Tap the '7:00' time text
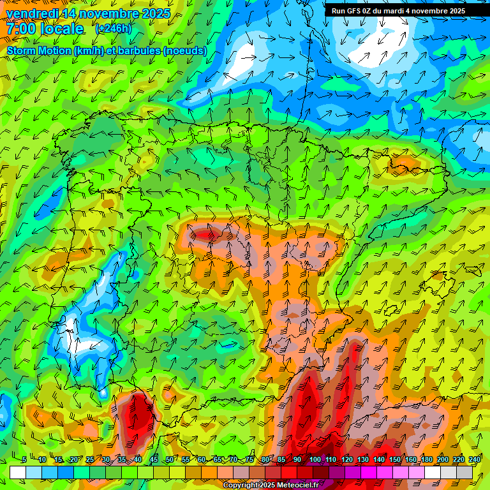pyautogui.click(x=22, y=29)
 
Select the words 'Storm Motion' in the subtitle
pyautogui.click(x=39, y=50)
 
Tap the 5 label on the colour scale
pyautogui.click(x=24, y=460)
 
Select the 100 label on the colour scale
pyautogui.click(x=315, y=460)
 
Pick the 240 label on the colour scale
pyautogui.click(x=475, y=460)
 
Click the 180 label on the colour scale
pyautogui.click(x=427, y=460)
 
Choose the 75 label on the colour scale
pyautogui.click(x=249, y=460)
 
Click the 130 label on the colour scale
pyautogui.click(x=362, y=460)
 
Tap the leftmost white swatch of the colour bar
pyautogui.click(x=18, y=473)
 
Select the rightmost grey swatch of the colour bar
pyautogui.click(x=464, y=473)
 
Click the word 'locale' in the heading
pyautogui.click(x=62, y=29)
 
